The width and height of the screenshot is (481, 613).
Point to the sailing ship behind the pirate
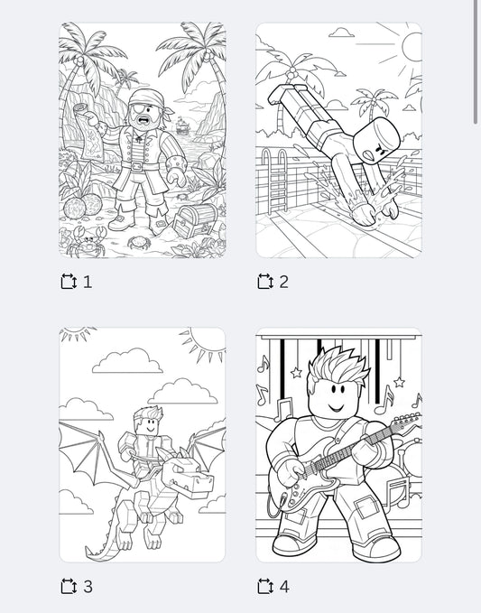point(183,125)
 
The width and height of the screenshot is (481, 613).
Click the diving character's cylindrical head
point(379,142)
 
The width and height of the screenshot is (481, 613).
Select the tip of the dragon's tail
point(91,552)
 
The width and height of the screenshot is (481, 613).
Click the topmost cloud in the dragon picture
point(127,361)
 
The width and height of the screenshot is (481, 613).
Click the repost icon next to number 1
point(69,282)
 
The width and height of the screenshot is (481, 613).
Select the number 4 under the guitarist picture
point(284,587)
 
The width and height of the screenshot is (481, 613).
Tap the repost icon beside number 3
point(69,587)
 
